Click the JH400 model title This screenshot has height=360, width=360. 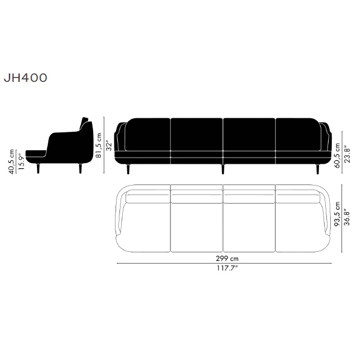click(25, 78)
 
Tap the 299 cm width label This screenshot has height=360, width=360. click(227, 259)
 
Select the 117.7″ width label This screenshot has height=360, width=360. click(227, 268)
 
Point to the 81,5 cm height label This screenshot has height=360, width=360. click(99, 145)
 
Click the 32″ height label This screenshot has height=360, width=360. click(109, 146)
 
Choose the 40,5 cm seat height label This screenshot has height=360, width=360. click(11, 161)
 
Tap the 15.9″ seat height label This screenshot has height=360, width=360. click(21, 161)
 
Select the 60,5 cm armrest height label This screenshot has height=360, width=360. click(337, 155)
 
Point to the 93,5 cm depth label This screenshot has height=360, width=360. click(337, 214)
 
